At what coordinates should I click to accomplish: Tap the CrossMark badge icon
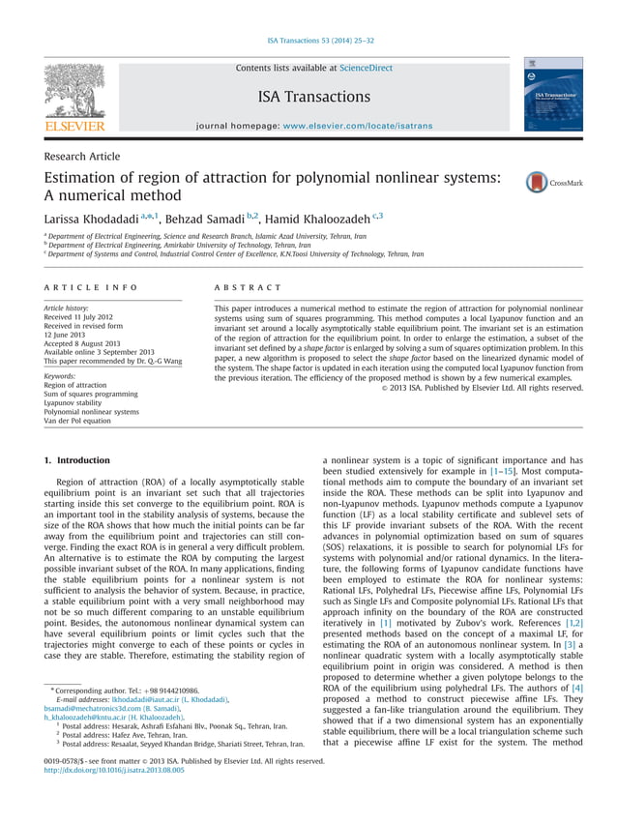tap(538, 182)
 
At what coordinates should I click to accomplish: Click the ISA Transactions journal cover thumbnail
tap(554, 95)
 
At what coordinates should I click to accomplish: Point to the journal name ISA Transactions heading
tap(313, 97)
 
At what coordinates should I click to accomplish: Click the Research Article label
tap(82, 157)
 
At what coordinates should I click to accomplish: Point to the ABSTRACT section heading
tap(248, 287)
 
